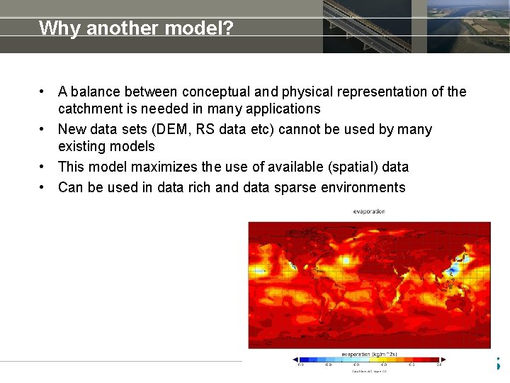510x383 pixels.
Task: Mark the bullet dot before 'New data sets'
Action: pos(44,129)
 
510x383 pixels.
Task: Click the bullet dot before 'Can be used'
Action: pos(44,187)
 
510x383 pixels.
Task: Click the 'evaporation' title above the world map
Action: pos(368,211)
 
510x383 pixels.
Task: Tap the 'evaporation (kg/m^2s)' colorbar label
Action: pos(368,354)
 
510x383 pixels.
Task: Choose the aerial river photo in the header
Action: pos(467,26)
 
